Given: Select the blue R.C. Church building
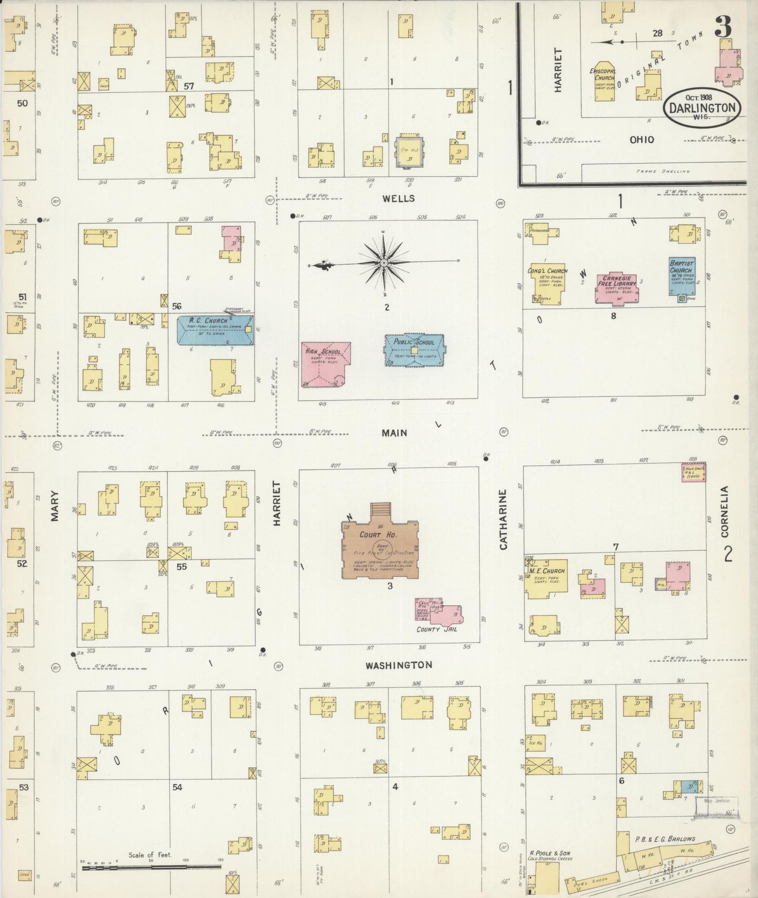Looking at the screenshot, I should [215, 330].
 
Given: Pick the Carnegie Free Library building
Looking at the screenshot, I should [618, 288].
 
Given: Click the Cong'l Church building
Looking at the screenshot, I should [546, 283].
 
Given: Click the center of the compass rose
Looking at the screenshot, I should [384, 262].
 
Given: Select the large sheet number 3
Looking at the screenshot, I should [723, 27].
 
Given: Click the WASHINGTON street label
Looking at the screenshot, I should [399, 665].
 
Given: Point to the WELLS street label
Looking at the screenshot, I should [399, 198].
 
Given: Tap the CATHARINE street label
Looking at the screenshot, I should [503, 519].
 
